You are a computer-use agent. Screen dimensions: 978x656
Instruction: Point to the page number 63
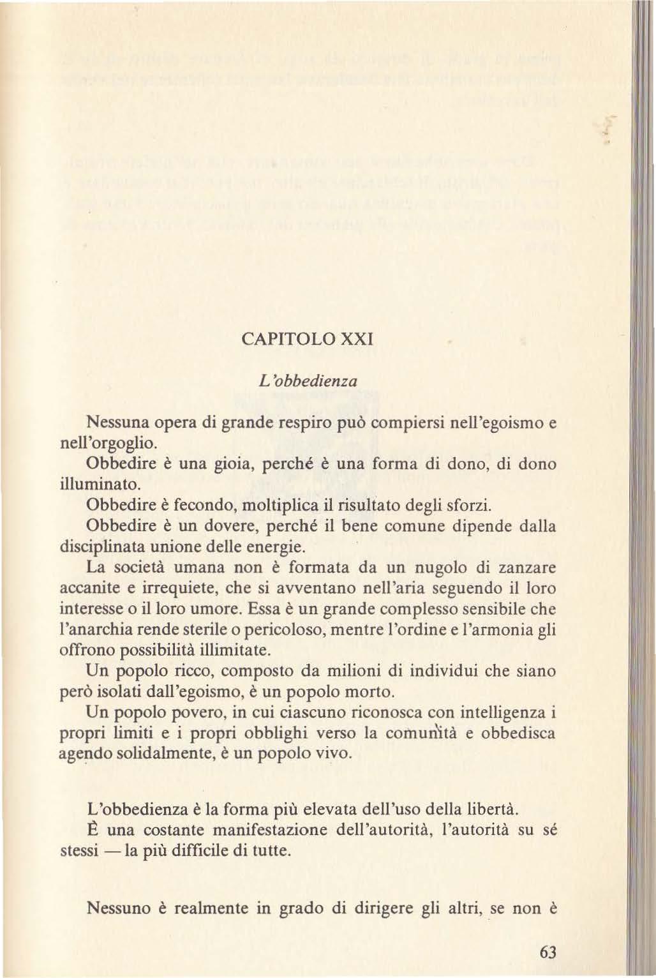click(548, 952)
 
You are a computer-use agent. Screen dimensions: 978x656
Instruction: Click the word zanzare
click(527, 568)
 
